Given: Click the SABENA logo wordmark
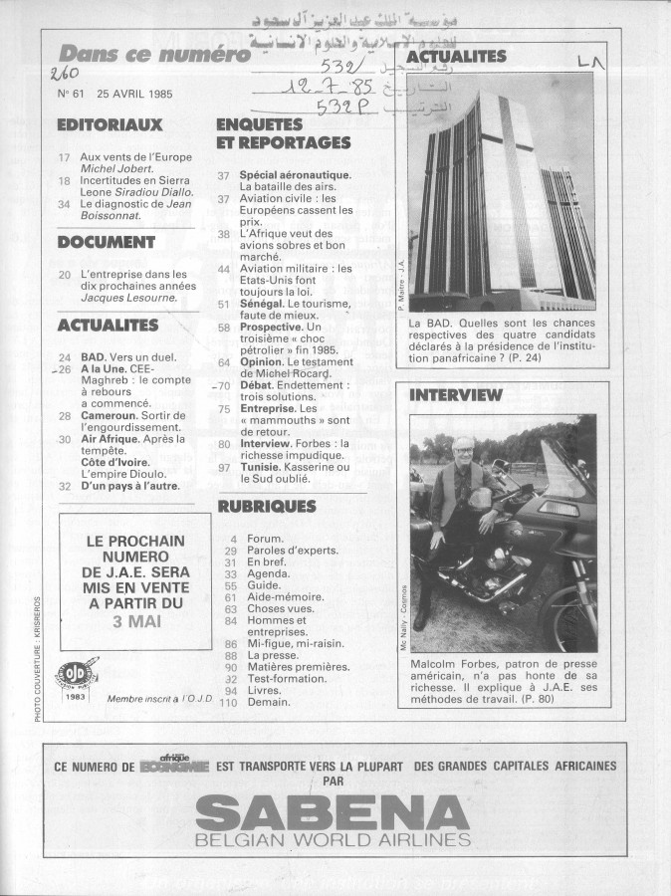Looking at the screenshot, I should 335,814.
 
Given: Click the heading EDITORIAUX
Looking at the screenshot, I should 110,125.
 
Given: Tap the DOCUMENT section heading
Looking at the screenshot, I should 107,241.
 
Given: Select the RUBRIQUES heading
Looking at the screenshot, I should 267,506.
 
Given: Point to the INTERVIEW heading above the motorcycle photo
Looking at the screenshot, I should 456,395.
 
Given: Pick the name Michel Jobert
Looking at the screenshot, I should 112,170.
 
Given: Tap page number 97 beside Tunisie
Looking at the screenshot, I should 225,468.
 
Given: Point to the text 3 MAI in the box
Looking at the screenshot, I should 135,622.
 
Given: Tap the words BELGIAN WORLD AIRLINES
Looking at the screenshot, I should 335,841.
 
